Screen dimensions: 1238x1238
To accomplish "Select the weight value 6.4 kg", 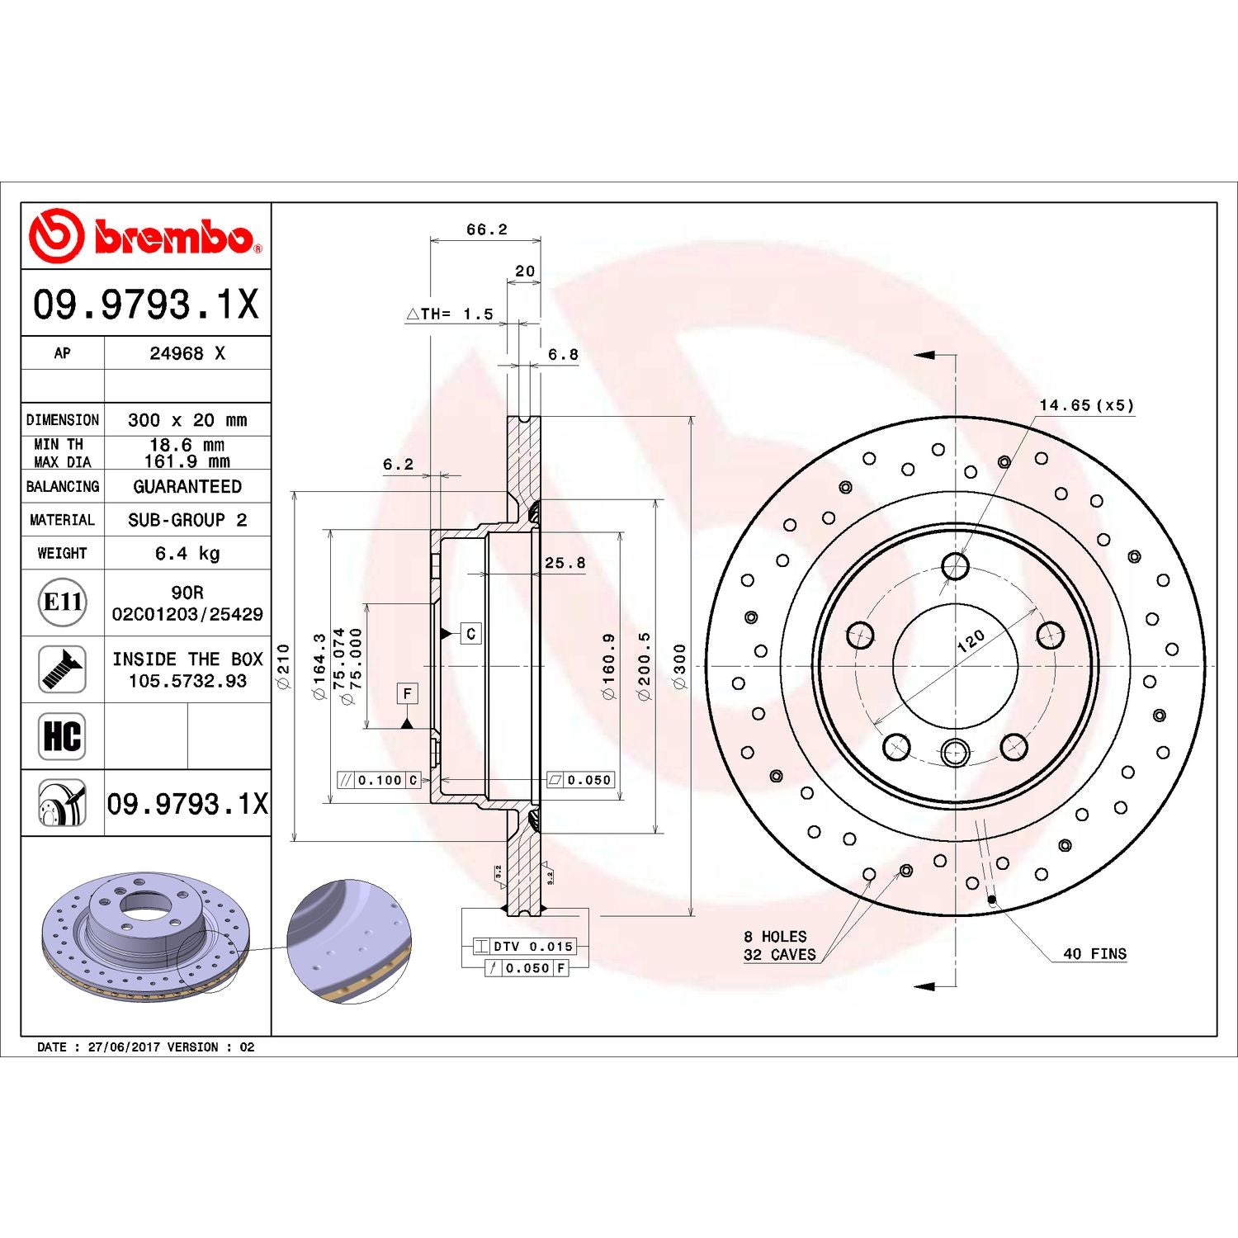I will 187,553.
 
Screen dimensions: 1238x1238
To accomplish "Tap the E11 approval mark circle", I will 63,602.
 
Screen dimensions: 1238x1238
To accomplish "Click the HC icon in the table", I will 62,735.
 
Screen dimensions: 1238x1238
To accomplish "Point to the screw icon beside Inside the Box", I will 62,669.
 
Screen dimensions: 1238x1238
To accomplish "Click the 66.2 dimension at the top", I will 486,229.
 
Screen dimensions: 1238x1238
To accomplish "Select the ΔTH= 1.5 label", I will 450,314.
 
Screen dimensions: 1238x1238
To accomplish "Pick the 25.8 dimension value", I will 565,563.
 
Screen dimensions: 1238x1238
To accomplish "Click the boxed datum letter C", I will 470,633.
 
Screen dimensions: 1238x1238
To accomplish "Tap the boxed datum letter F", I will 407,693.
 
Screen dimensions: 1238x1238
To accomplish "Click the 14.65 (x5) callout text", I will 1086,405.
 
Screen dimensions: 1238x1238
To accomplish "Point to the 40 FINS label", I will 1094,953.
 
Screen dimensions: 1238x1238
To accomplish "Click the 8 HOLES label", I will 775,936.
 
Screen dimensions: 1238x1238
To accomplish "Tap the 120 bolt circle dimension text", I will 971,640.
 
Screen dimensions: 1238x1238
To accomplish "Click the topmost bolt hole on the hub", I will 955,566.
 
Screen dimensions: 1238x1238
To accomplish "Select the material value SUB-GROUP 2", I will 187,520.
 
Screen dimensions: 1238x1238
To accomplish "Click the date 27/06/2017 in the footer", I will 124,1047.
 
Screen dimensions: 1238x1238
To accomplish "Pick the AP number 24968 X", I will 187,353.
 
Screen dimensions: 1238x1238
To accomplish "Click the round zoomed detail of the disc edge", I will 348,942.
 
